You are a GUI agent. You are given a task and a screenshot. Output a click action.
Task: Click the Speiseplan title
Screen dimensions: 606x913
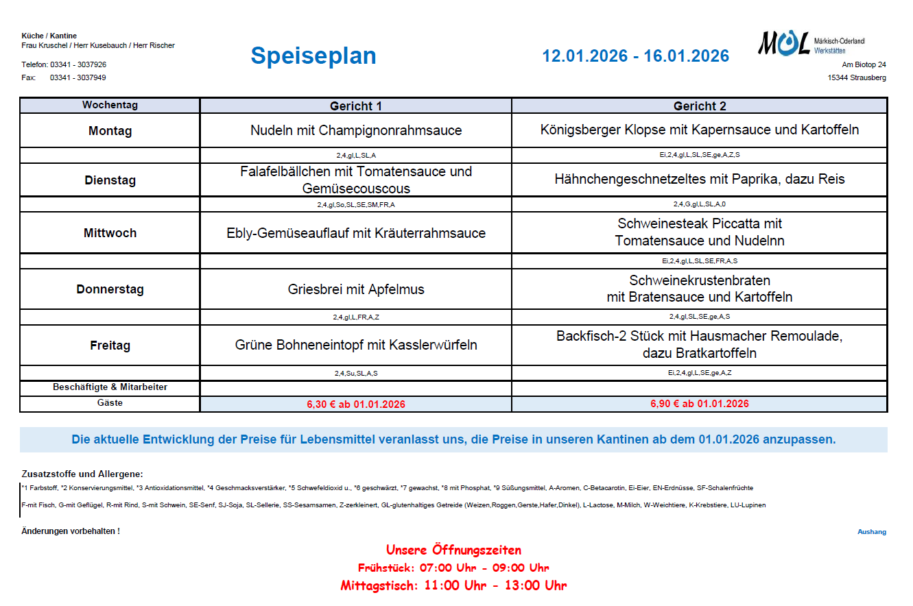(313, 56)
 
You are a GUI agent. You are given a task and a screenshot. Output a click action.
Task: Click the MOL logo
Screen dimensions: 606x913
(783, 44)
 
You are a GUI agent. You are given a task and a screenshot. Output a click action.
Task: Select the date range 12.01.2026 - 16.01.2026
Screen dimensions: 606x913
(635, 56)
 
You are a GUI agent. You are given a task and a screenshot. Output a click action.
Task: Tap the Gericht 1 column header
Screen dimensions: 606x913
(355, 106)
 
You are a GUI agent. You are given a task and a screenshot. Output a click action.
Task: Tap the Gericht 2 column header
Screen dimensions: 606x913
(699, 106)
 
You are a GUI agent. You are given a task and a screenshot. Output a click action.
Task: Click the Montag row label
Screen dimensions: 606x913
(110, 131)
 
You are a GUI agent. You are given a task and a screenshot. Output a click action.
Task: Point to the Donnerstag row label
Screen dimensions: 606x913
(110, 289)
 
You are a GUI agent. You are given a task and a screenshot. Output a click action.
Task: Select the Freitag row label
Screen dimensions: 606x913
(110, 346)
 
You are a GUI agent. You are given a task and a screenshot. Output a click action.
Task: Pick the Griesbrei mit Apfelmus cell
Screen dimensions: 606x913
(355, 289)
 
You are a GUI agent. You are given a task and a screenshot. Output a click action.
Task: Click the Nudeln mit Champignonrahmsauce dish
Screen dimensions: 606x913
(355, 130)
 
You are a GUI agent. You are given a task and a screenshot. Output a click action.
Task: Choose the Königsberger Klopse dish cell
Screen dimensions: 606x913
(699, 130)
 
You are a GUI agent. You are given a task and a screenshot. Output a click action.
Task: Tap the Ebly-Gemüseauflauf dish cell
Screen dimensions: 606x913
(355, 233)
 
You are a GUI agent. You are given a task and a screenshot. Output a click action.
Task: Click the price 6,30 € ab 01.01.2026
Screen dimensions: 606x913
(355, 404)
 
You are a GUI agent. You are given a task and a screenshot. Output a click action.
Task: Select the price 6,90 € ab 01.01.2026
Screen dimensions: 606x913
(699, 404)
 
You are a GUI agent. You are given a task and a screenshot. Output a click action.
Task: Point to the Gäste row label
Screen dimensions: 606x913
(110, 403)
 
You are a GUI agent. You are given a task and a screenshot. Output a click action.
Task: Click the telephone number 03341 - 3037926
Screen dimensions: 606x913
(78, 64)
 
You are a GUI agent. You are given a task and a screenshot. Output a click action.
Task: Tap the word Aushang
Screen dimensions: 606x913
(871, 532)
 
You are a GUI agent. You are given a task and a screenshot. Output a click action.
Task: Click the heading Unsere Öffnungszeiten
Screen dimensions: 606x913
(453, 550)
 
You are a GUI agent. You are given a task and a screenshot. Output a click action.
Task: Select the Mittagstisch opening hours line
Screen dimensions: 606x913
(453, 585)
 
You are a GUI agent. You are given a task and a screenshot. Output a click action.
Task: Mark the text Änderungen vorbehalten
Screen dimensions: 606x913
(71, 531)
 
